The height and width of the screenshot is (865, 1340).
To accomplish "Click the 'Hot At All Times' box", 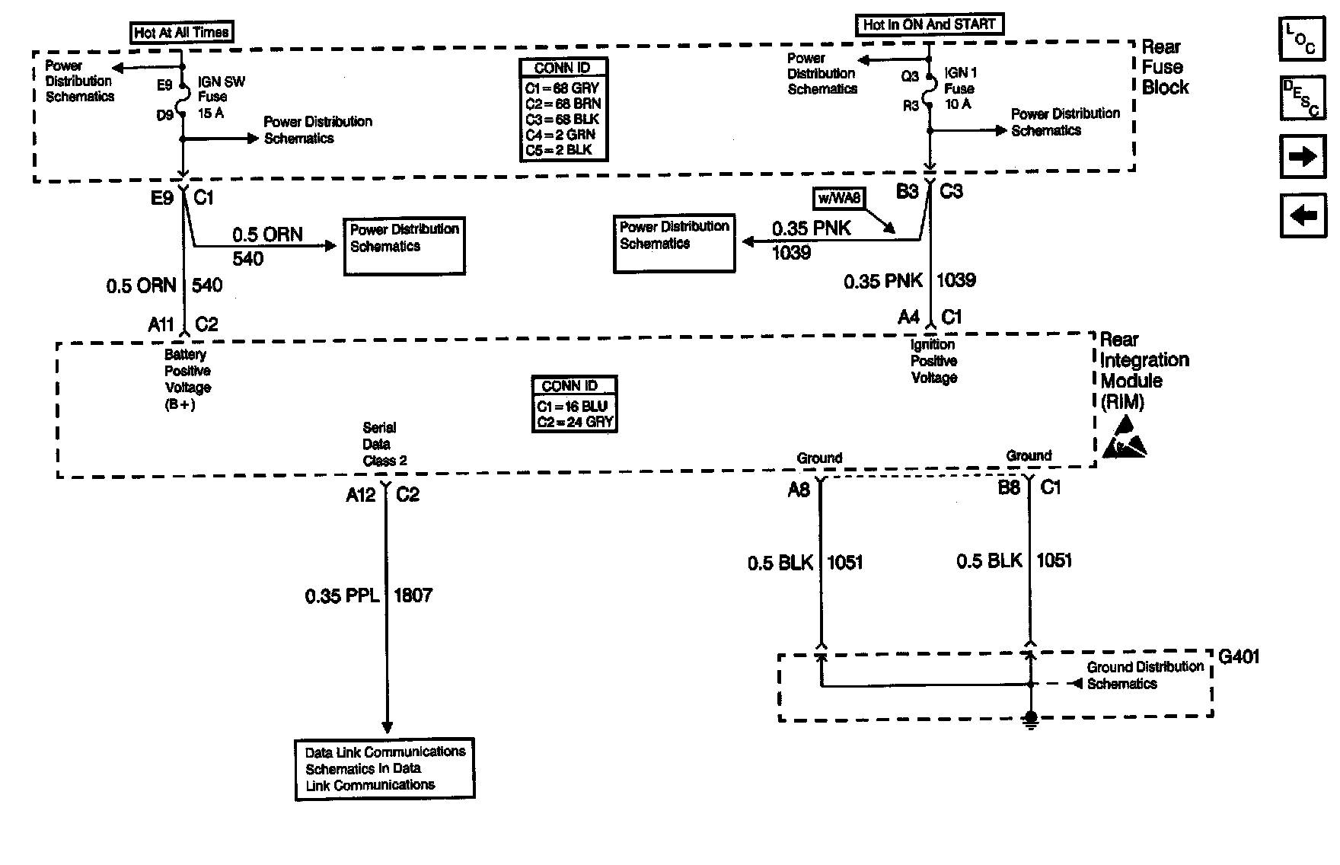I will [181, 32].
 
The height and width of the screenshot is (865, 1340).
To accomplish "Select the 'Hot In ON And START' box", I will [929, 24].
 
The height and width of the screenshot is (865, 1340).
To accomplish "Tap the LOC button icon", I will [1302, 38].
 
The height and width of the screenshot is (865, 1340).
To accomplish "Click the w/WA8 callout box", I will [839, 199].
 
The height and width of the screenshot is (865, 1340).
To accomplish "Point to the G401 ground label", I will [1239, 656].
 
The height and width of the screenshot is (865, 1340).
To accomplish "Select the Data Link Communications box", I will [384, 768].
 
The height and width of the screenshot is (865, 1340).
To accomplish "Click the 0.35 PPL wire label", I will [342, 595].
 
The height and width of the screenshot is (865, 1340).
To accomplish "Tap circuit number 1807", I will [413, 595].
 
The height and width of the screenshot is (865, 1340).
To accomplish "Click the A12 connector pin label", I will [360, 495].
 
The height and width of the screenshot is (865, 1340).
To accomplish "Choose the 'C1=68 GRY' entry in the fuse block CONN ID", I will [562, 88].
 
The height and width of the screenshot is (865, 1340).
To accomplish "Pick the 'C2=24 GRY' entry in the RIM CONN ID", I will [574, 422].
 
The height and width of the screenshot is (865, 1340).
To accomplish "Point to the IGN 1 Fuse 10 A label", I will [960, 88].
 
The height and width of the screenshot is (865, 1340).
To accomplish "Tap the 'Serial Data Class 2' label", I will [383, 444].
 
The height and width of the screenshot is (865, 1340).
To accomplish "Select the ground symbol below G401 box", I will [1029, 720].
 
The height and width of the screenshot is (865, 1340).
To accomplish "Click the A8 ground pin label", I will [798, 490].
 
